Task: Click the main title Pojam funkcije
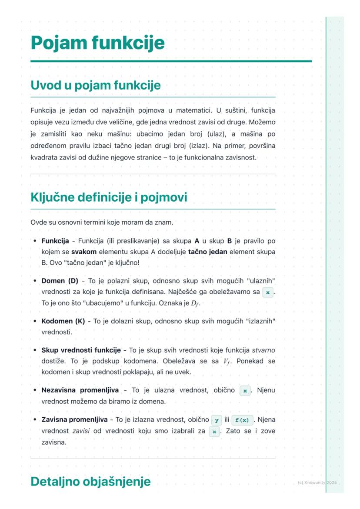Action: pyautogui.click(x=98, y=43)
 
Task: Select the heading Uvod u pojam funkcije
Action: pyautogui.click(x=96, y=85)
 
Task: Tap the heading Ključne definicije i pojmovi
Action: pyautogui.click(x=109, y=197)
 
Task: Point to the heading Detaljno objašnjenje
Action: pyautogui.click(x=90, y=482)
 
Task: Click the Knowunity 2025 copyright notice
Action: pyautogui.click(x=317, y=482)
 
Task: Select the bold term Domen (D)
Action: pyautogui.click(x=60, y=281)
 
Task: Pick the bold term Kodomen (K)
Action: pyautogui.click(x=63, y=321)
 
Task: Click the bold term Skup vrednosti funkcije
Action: pyautogui.click(x=81, y=350)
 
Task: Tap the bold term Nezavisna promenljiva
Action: pyautogui.click(x=80, y=390)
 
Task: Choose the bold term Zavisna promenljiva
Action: pyautogui.click(x=74, y=420)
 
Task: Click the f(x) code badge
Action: pyautogui.click(x=242, y=420)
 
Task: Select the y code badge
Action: pyautogui.click(x=216, y=420)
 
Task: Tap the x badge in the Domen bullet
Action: pyautogui.click(x=268, y=293)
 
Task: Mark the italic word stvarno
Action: pyautogui.click(x=263, y=350)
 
